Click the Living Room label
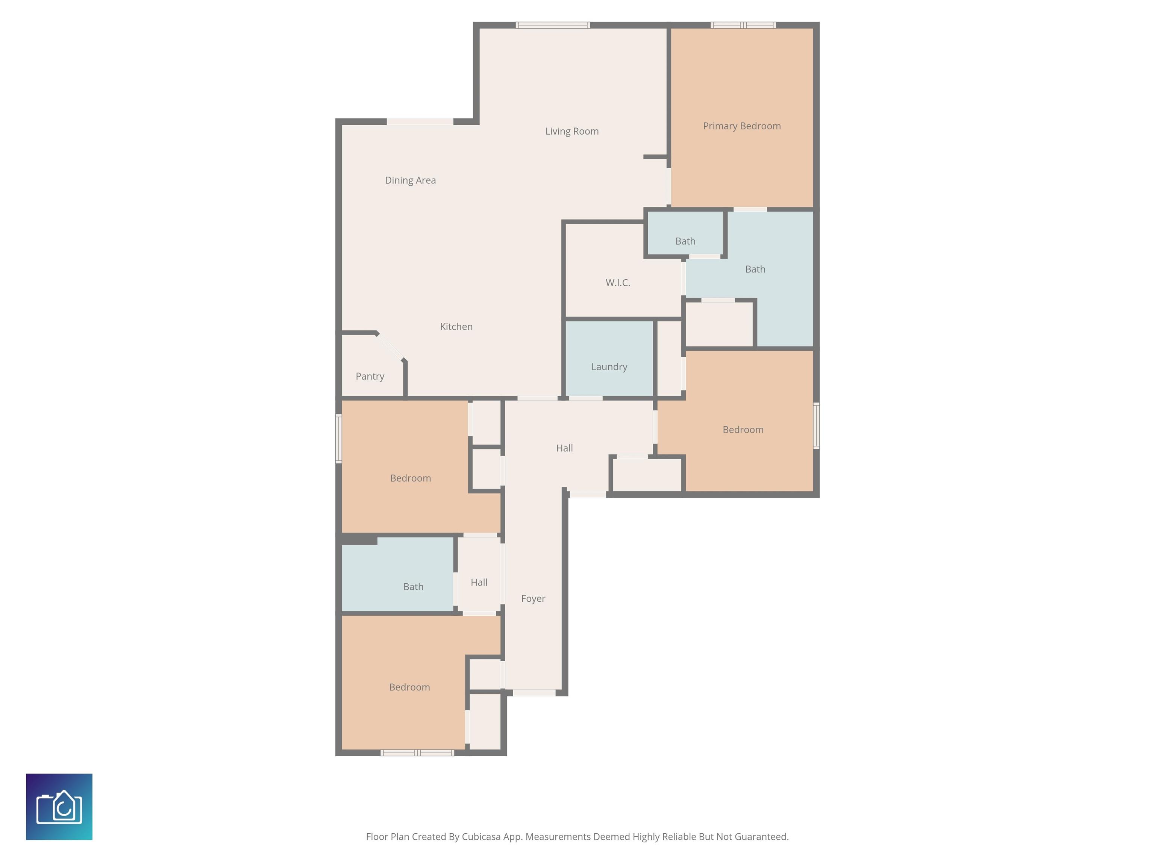point(572,132)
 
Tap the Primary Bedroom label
point(741,126)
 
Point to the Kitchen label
point(456,327)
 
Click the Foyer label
point(533,599)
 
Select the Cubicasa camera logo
point(59,807)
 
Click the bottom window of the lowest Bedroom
point(417,753)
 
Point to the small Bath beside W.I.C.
point(685,233)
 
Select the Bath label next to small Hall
point(413,587)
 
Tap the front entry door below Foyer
point(534,693)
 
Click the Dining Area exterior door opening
point(420,122)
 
